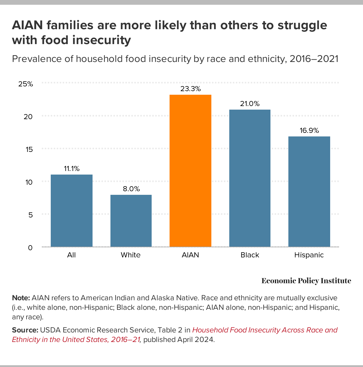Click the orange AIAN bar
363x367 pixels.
tap(190, 171)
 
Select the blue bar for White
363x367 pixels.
tap(131, 221)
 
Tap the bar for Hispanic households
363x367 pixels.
tap(309, 192)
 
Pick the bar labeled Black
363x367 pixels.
tap(250, 178)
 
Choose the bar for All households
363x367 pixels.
tap(72, 211)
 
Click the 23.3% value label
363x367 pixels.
tap(190, 89)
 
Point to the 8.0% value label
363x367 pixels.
tap(131, 189)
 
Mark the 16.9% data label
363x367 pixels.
tap(309, 130)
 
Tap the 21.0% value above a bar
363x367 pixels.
tap(250, 104)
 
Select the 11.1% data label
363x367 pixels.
tap(72, 169)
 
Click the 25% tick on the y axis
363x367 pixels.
tap(26, 84)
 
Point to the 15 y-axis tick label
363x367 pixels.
tap(29, 149)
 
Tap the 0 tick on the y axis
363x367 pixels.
tap(30, 248)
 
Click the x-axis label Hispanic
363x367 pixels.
tap(309, 255)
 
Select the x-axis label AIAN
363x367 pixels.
tap(190, 255)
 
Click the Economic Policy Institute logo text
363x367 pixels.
tap(306, 281)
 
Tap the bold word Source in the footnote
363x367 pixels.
tap(25, 330)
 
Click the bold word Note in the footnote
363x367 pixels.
tap(21, 298)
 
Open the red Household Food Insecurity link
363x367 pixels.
tap(264, 330)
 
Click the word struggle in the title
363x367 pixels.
tap(302, 25)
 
